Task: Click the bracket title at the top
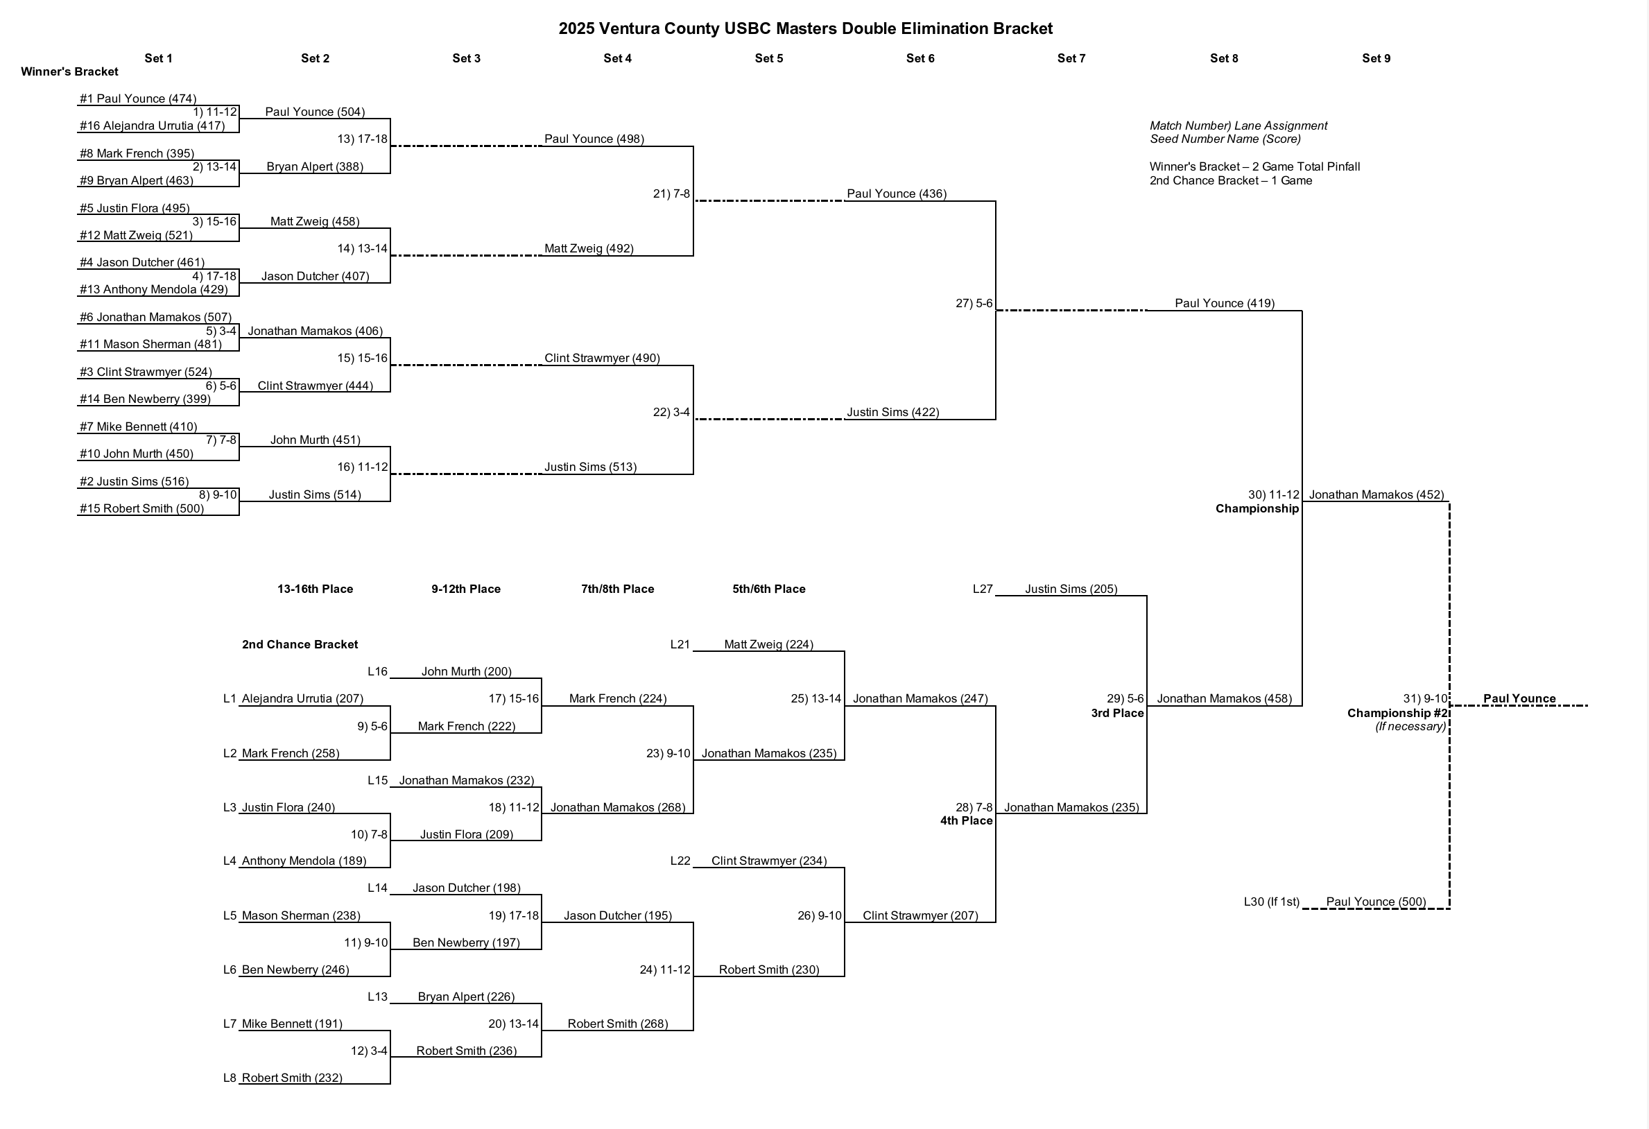pyautogui.click(x=805, y=28)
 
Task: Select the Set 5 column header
pyautogui.click(x=768, y=58)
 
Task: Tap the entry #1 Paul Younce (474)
pyautogui.click(x=138, y=98)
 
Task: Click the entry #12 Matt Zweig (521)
pyautogui.click(x=135, y=235)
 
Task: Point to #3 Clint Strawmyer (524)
pyautogui.click(x=146, y=372)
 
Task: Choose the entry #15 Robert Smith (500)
pyautogui.click(x=141, y=508)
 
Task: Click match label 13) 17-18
pyautogui.click(x=362, y=139)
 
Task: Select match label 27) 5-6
pyautogui.click(x=974, y=303)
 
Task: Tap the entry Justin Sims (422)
pyautogui.click(x=892, y=413)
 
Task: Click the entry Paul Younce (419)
pyautogui.click(x=1224, y=303)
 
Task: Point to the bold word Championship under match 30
pyautogui.click(x=1257, y=509)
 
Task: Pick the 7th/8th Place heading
pyautogui.click(x=617, y=589)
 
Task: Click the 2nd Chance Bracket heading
pyautogui.click(x=300, y=644)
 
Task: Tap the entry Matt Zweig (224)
pyautogui.click(x=768, y=644)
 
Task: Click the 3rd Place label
pyautogui.click(x=1117, y=713)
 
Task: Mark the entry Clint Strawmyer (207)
pyautogui.click(x=920, y=915)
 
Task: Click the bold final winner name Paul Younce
pyautogui.click(x=1519, y=698)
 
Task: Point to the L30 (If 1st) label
pyautogui.click(x=1271, y=902)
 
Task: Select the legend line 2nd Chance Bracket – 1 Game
pyautogui.click(x=1230, y=180)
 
